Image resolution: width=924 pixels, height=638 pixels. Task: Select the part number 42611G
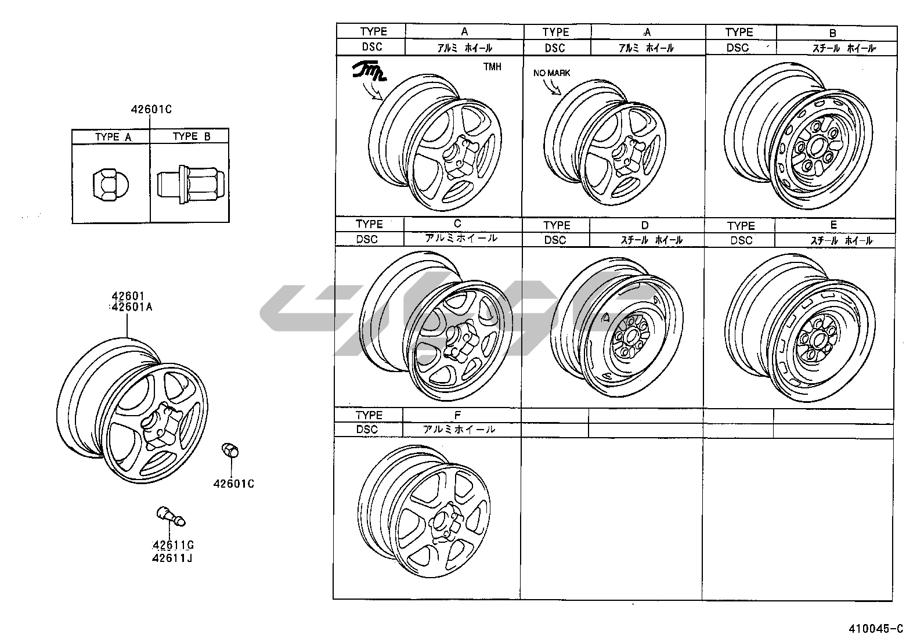173,545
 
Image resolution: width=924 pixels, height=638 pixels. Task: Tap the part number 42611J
172,558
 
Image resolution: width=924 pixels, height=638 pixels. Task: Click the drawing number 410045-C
876,629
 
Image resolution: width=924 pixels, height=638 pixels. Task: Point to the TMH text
492,67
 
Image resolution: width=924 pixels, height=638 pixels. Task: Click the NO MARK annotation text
551,73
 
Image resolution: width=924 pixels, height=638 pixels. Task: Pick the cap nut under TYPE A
110,185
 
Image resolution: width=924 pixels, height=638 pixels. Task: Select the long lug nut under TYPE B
191,185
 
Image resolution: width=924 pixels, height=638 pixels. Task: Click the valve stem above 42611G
171,516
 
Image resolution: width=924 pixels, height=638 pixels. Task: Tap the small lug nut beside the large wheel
230,450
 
